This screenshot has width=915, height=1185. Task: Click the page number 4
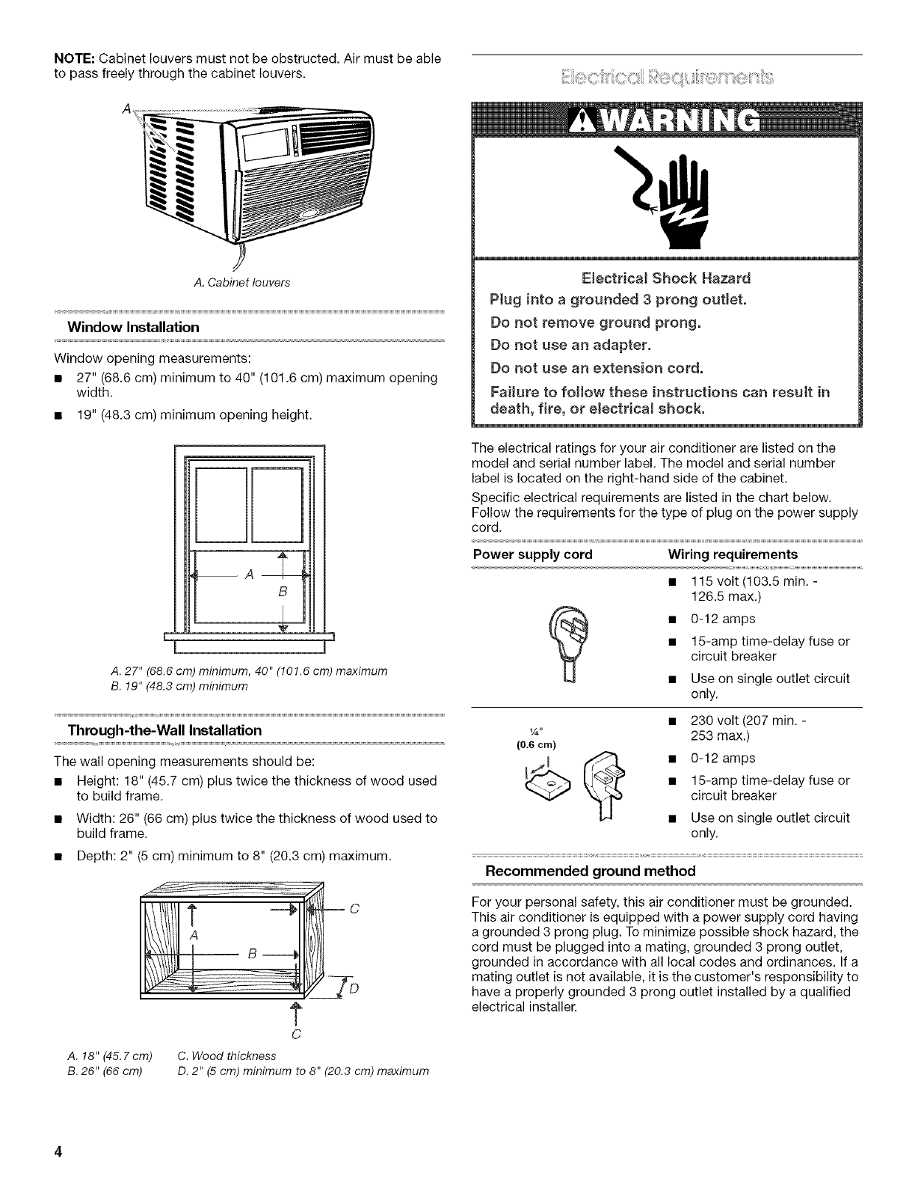coord(55,1151)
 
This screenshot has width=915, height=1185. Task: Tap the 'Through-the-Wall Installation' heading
coord(165,729)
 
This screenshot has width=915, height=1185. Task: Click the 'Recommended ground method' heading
coord(591,871)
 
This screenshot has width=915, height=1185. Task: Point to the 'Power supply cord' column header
coord(533,554)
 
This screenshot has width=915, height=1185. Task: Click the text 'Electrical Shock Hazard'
coord(665,278)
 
